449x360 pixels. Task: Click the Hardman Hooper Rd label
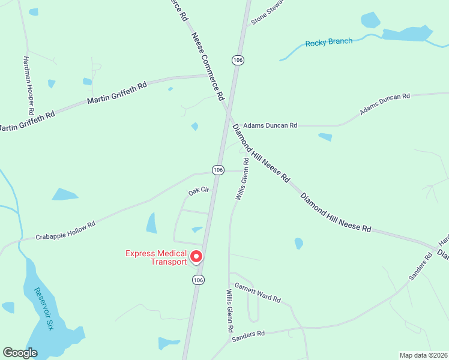(28, 86)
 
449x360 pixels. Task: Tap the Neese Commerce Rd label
(208, 66)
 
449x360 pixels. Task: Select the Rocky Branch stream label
(328, 43)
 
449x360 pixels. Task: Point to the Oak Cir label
(198, 191)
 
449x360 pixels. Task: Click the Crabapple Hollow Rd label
(65, 230)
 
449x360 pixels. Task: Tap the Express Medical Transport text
(156, 257)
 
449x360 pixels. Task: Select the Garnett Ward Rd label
(258, 292)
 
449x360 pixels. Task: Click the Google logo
(20, 353)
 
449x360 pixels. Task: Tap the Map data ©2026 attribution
(423, 355)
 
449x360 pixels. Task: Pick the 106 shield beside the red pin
(199, 280)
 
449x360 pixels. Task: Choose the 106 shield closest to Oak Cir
(218, 170)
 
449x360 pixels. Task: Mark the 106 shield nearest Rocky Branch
(238, 60)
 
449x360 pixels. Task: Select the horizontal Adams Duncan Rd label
(270, 125)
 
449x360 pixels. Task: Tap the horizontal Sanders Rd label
(249, 334)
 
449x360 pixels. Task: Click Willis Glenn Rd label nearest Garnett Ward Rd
(229, 311)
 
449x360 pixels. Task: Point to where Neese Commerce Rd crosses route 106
(228, 111)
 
